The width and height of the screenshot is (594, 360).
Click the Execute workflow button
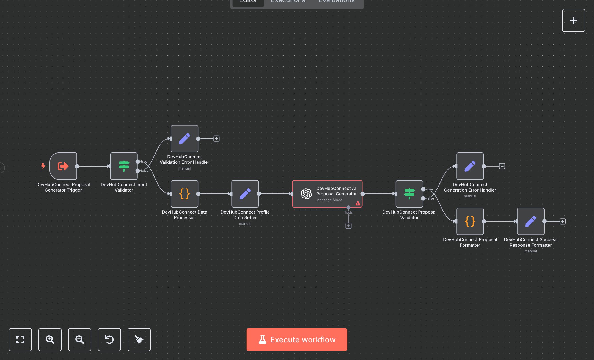(x=297, y=339)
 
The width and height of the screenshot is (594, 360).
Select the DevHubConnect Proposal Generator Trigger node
(x=63, y=166)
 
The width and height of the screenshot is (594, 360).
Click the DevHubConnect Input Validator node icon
(x=124, y=166)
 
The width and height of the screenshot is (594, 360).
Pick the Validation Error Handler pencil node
(x=185, y=139)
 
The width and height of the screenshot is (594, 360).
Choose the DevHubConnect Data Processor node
(x=185, y=194)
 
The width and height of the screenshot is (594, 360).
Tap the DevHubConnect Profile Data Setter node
(x=245, y=194)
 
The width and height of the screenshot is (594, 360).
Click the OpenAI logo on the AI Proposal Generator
(x=306, y=194)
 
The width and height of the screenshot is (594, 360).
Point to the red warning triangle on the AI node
(x=358, y=203)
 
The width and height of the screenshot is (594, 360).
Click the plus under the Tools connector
(x=348, y=226)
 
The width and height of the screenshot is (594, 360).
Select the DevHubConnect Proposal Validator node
(x=409, y=194)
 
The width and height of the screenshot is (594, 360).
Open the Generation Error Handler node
(x=470, y=166)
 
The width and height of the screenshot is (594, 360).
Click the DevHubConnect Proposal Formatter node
(x=470, y=221)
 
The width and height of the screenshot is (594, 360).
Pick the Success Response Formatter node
(x=530, y=221)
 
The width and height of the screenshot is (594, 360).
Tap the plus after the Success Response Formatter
(x=563, y=221)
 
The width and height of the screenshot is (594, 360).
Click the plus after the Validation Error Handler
(x=216, y=139)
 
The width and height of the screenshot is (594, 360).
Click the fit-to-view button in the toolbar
(x=20, y=339)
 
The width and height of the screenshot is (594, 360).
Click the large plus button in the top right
(x=573, y=20)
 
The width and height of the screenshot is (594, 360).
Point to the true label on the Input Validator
(x=144, y=162)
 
